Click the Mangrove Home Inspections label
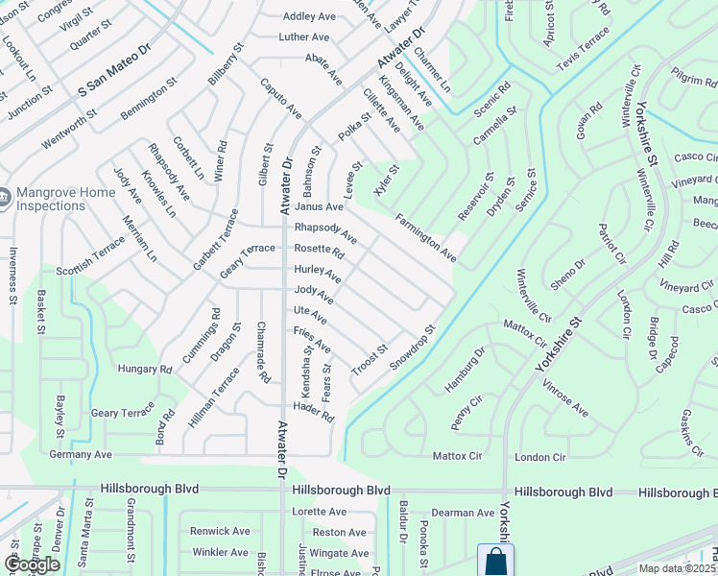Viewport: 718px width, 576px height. (63, 199)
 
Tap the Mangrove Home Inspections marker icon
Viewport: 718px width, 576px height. (4, 199)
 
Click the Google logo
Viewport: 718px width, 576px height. (32, 564)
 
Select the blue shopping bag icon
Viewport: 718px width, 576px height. (495, 561)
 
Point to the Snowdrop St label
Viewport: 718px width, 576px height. (413, 348)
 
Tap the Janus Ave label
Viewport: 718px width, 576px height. (319, 206)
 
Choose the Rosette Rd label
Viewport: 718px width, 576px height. (319, 250)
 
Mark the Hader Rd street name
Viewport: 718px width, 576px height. (314, 412)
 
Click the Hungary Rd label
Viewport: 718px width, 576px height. (144, 369)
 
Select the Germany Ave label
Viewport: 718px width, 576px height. (81, 454)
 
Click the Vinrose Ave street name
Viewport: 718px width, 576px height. (564, 396)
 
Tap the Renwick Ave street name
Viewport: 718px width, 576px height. (220, 531)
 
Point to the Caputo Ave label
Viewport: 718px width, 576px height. (280, 99)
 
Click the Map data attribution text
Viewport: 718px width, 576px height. (677, 568)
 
